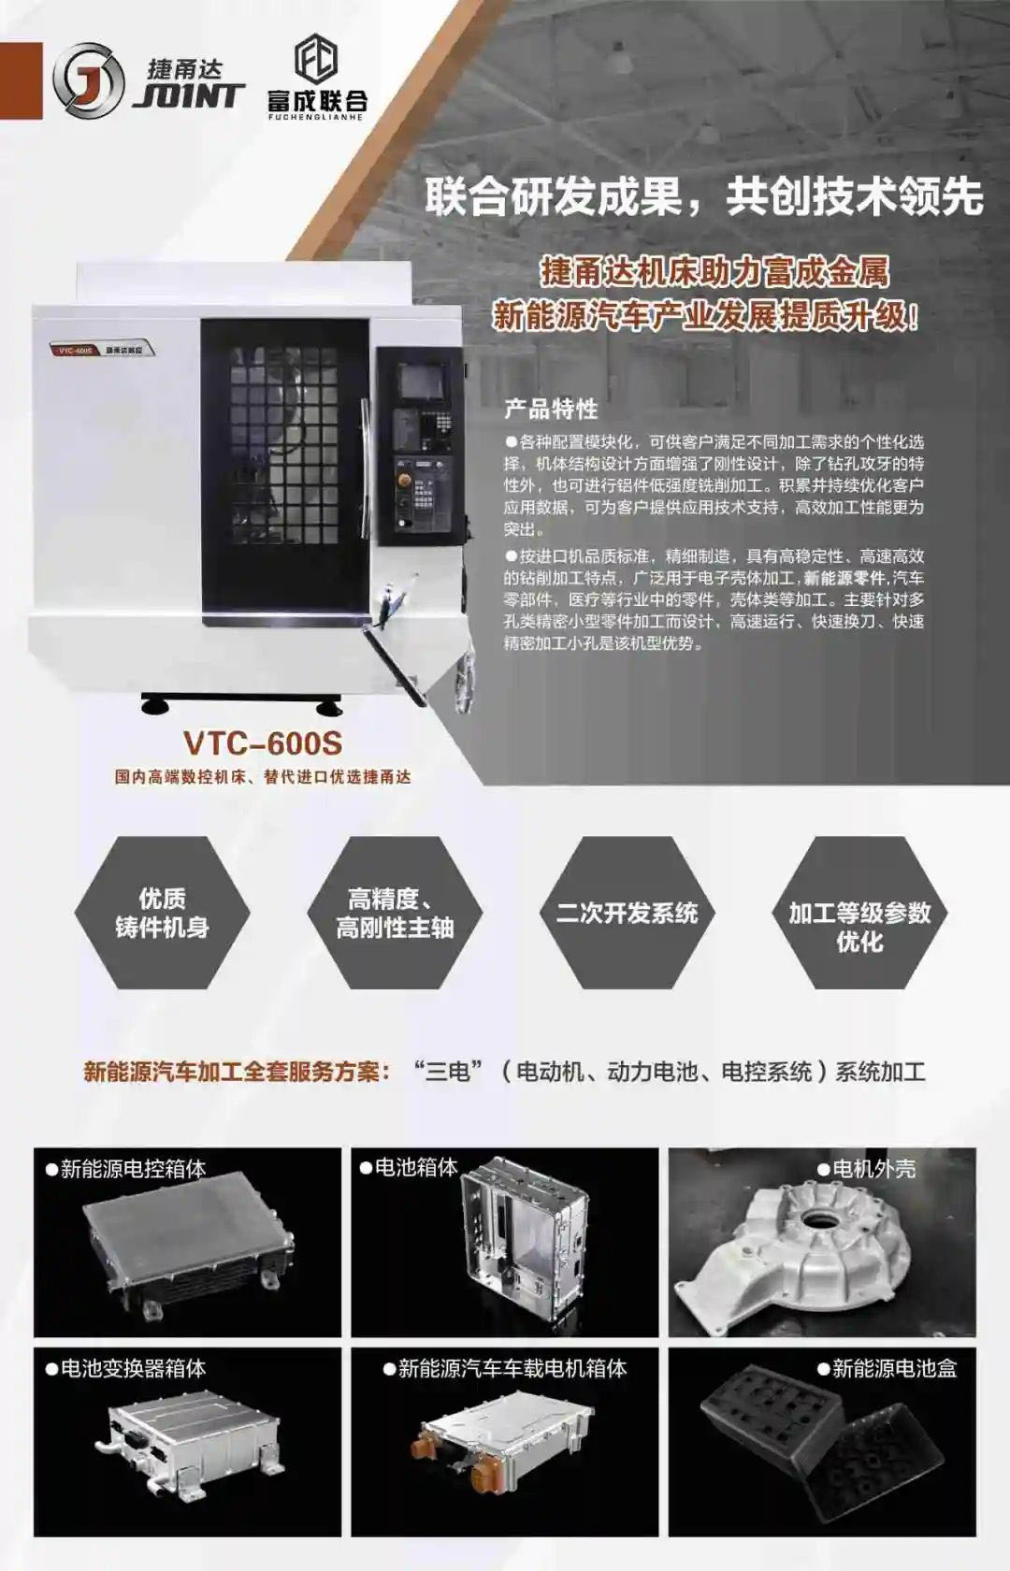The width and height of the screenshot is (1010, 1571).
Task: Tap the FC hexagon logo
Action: pos(316,59)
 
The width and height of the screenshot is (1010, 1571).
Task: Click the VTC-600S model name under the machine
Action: pos(263,743)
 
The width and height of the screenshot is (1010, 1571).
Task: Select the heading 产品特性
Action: pos(551,409)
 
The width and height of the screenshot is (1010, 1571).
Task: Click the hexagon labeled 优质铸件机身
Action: pos(162,913)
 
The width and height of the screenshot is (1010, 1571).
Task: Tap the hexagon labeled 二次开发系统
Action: pos(628,913)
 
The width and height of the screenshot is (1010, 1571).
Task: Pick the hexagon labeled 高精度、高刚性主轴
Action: pos(395,913)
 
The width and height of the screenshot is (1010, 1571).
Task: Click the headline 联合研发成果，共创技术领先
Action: pos(703,197)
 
